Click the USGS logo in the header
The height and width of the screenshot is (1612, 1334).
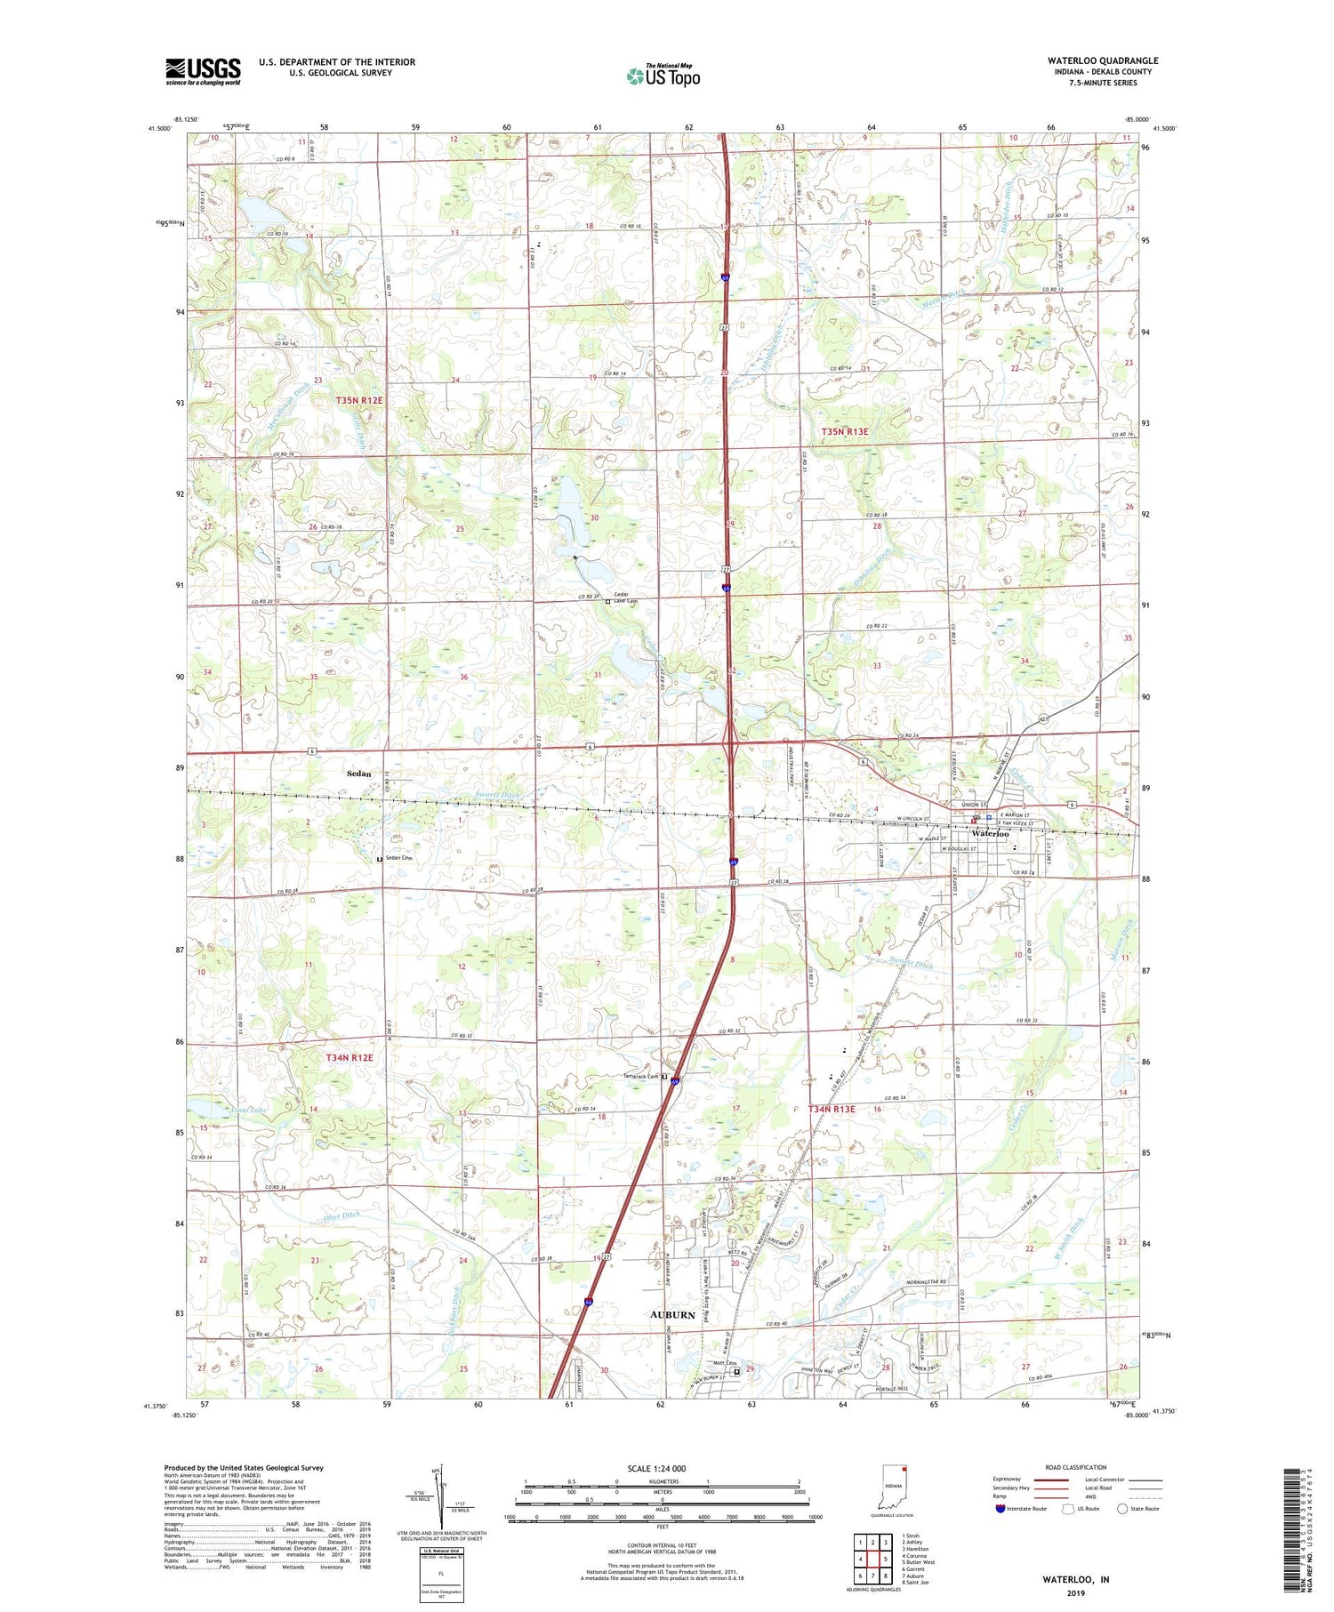pyautogui.click(x=203, y=72)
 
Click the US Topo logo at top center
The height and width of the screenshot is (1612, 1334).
pyautogui.click(x=663, y=76)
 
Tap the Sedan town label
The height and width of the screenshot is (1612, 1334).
pyautogui.click(x=358, y=774)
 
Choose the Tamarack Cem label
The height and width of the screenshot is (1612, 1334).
pyautogui.click(x=640, y=1077)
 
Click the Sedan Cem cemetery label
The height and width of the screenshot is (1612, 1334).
pyautogui.click(x=398, y=858)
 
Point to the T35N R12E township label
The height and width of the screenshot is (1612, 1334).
pyautogui.click(x=359, y=401)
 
